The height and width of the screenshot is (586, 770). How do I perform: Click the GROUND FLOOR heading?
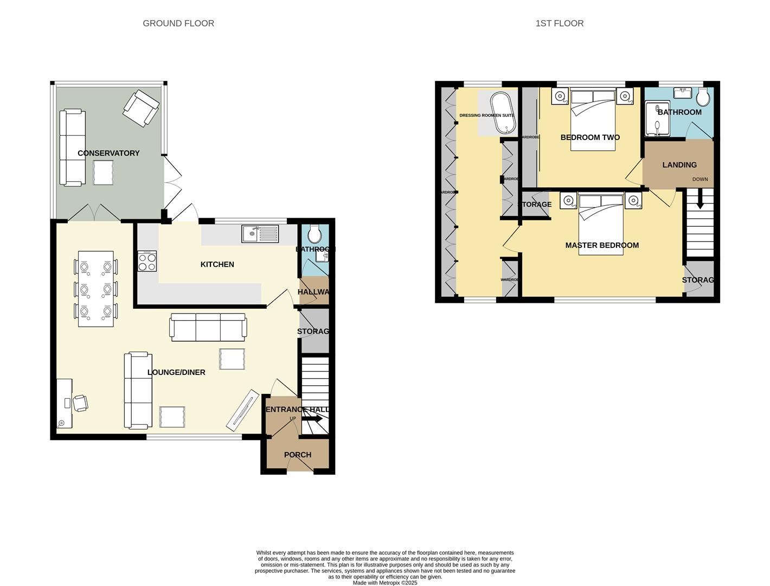(178, 23)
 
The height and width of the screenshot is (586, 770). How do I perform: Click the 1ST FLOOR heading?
(559, 23)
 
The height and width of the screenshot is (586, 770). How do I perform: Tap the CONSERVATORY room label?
(108, 153)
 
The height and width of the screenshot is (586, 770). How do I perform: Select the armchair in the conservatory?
(141, 108)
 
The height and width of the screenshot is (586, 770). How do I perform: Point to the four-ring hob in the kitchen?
(147, 262)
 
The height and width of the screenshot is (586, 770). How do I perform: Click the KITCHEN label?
(217, 264)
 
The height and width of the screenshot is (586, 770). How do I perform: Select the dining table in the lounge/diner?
(96, 289)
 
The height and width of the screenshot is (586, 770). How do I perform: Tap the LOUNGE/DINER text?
(176, 372)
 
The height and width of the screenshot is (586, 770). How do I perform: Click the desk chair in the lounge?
(80, 403)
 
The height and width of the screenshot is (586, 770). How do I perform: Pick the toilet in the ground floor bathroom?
(314, 235)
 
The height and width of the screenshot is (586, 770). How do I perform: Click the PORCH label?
(298, 455)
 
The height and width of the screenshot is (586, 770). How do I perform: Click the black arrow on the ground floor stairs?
(313, 419)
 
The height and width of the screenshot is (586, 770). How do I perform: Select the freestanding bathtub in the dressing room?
(500, 112)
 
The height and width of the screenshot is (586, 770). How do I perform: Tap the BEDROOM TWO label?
(590, 137)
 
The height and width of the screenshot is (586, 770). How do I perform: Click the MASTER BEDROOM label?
(602, 245)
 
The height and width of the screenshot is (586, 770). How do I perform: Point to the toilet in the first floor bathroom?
(703, 98)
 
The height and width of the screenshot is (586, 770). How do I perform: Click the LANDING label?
(679, 165)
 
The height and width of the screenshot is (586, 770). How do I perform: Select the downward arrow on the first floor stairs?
(700, 199)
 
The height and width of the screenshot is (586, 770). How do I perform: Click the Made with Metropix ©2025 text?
(385, 583)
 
